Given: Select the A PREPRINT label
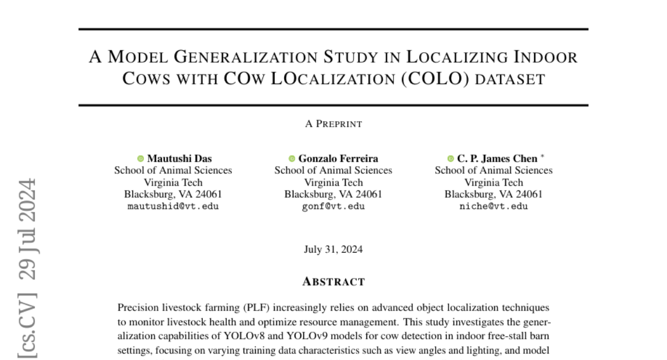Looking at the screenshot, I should (x=333, y=124).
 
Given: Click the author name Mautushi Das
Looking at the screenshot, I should (x=180, y=158).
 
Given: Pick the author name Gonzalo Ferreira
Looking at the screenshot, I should (x=338, y=158).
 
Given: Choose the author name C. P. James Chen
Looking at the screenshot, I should (x=496, y=158).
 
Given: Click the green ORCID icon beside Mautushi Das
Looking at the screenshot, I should (x=141, y=158).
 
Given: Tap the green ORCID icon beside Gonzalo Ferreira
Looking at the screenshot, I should (x=292, y=158).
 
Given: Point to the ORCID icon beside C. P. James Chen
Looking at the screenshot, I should (x=450, y=158).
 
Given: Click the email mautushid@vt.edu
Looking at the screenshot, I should (x=173, y=206).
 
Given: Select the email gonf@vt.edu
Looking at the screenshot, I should (x=333, y=206).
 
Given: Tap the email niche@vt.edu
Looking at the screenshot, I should (x=494, y=206).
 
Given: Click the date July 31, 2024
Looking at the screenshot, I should (x=333, y=249).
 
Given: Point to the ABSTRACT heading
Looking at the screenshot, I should (x=333, y=282).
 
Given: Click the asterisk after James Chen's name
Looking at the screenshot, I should (x=542, y=156).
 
